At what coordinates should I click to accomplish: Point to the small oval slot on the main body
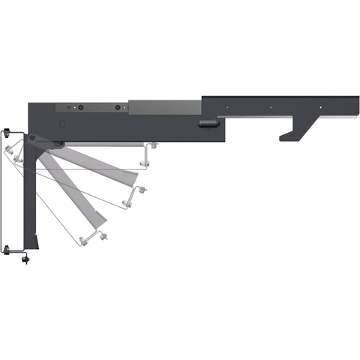[x=62, y=122]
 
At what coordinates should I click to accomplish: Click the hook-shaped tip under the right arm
[x=286, y=136]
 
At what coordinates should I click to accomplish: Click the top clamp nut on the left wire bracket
[x=7, y=133]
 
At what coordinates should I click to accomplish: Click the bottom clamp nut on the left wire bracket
[x=7, y=249]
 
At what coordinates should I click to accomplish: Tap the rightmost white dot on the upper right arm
[x=319, y=107]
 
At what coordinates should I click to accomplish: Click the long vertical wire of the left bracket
[x=5, y=191]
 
